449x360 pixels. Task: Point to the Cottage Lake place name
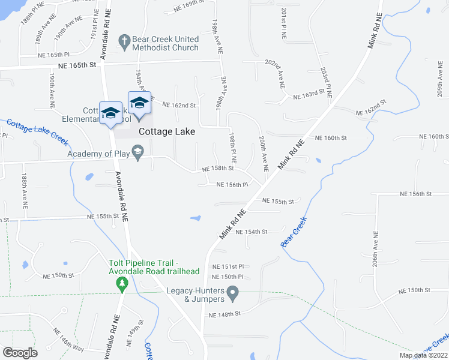click(167, 131)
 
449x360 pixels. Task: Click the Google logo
click(20, 353)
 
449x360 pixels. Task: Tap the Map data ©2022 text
click(423, 355)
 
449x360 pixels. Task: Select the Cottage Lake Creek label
click(37, 132)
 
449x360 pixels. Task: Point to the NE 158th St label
click(217, 169)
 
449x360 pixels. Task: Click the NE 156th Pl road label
click(232, 185)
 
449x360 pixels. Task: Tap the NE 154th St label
click(251, 231)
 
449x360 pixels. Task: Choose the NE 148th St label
click(224, 314)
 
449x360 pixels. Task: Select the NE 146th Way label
click(68, 340)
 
